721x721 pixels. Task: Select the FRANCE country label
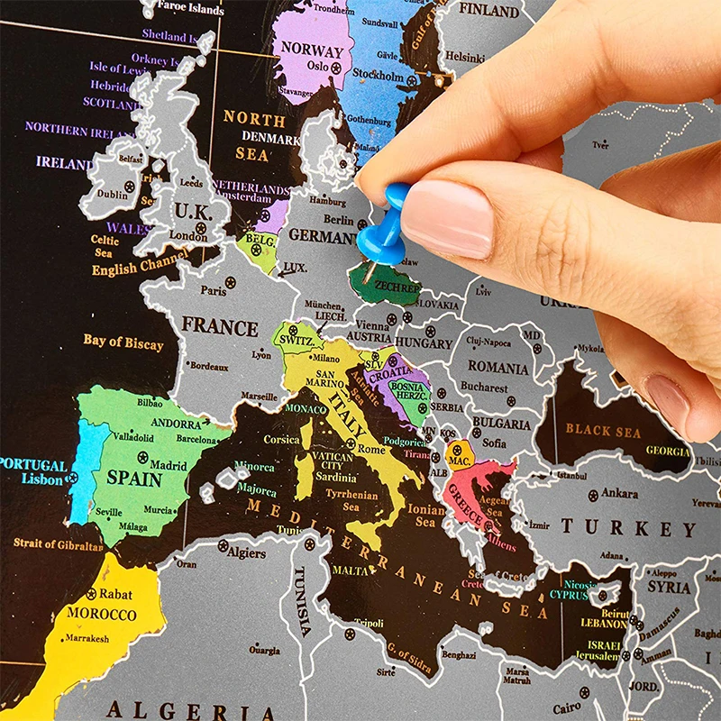coord(220,325)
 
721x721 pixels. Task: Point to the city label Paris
coord(214,290)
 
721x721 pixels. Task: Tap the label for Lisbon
coord(42,480)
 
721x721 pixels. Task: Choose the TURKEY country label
coord(628,527)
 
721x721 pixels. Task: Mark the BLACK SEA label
coord(603,431)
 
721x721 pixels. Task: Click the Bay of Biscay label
coord(123,342)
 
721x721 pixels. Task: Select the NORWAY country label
coord(312,50)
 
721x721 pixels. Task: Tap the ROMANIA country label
coord(497,369)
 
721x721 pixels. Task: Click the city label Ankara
coord(619,493)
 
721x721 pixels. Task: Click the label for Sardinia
coord(335,478)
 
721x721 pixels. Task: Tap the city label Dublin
coord(113,194)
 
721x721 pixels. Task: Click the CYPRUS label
coord(569,595)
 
